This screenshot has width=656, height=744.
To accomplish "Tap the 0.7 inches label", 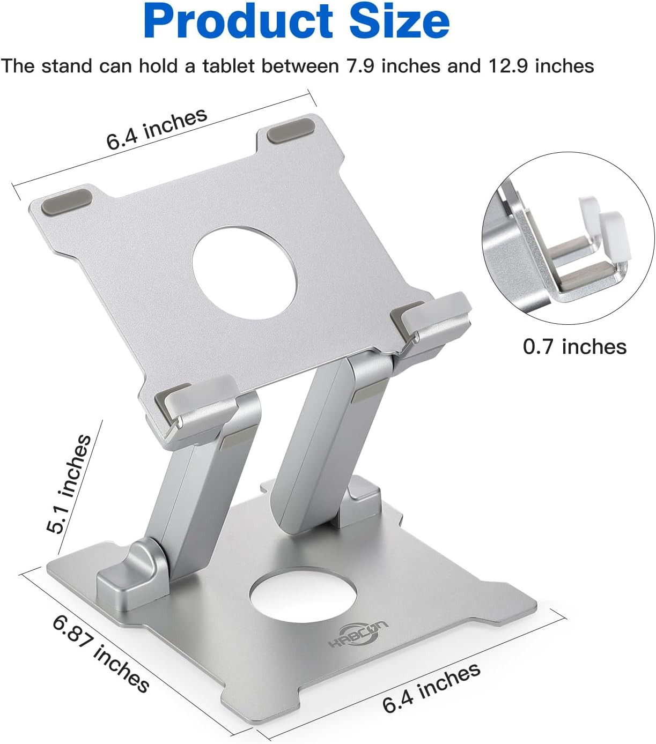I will (x=574, y=347).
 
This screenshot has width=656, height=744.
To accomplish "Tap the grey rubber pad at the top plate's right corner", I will (x=291, y=131).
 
